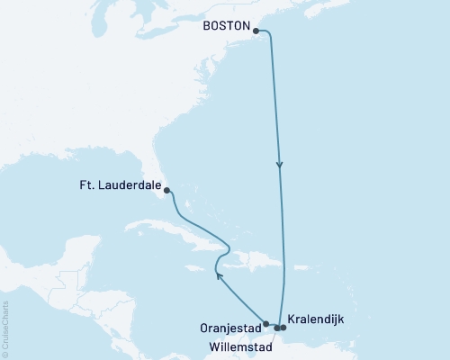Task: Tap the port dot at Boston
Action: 257,31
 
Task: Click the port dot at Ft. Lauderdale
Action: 167,190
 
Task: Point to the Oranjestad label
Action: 229,328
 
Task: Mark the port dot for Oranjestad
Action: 265,323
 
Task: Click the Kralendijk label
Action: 317,319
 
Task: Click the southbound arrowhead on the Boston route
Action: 280,165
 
